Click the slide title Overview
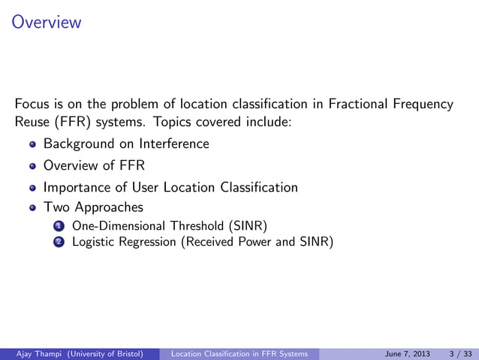[47, 23]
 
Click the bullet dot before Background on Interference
[32, 144]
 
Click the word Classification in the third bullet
[260, 187]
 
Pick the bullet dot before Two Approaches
[32, 207]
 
